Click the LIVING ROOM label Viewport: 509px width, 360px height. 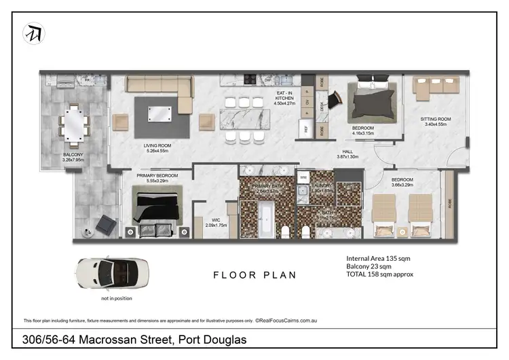click(x=157, y=147)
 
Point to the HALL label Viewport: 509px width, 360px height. click(x=347, y=154)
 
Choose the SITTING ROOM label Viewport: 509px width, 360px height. click(x=437, y=122)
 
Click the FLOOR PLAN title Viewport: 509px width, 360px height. click(x=254, y=275)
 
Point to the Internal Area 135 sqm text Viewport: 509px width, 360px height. click(x=378, y=259)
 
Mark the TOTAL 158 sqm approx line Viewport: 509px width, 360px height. click(x=379, y=274)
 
